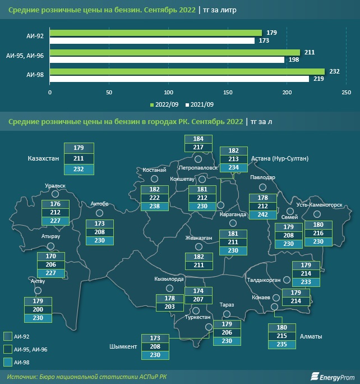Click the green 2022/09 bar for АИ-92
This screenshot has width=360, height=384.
(156, 33)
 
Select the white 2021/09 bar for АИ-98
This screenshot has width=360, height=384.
(179, 79)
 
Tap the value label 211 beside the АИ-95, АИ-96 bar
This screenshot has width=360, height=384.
(309, 52)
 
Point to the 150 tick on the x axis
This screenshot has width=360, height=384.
(228, 92)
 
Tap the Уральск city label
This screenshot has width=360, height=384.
(55, 185)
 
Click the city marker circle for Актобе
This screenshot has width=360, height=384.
(99, 213)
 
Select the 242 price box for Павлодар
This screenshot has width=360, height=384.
(263, 214)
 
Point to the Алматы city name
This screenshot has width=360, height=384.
(311, 336)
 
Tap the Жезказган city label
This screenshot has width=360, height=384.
(199, 238)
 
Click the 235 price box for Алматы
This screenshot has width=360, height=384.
(282, 345)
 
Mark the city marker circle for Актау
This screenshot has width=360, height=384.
(38, 290)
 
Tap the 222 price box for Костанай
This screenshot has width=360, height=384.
(155, 198)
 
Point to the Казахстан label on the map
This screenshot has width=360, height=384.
(43, 159)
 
